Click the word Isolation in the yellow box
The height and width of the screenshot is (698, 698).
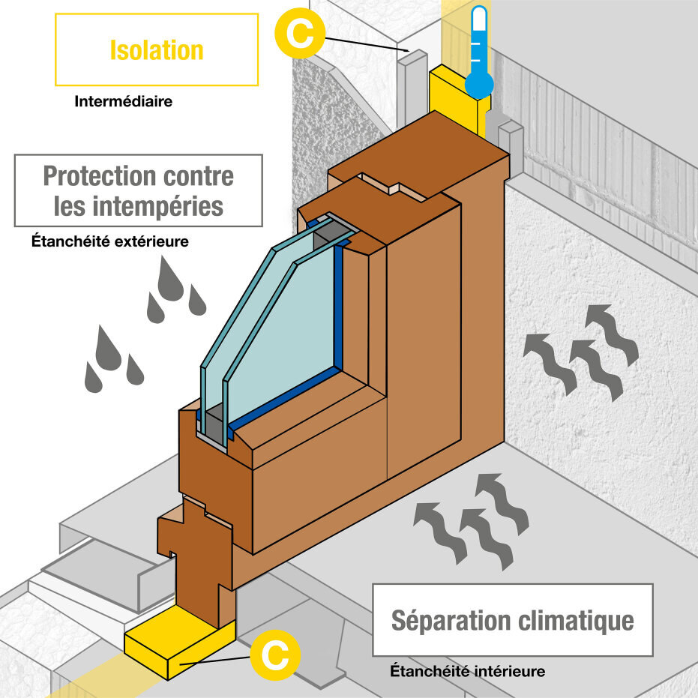(156, 50)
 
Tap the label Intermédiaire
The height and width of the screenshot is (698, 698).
(123, 101)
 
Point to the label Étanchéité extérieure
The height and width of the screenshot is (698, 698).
(109, 241)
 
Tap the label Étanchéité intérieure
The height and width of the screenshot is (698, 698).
(467, 671)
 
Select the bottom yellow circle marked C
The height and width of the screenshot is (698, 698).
(275, 655)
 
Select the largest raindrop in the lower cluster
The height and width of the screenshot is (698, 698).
(109, 349)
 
